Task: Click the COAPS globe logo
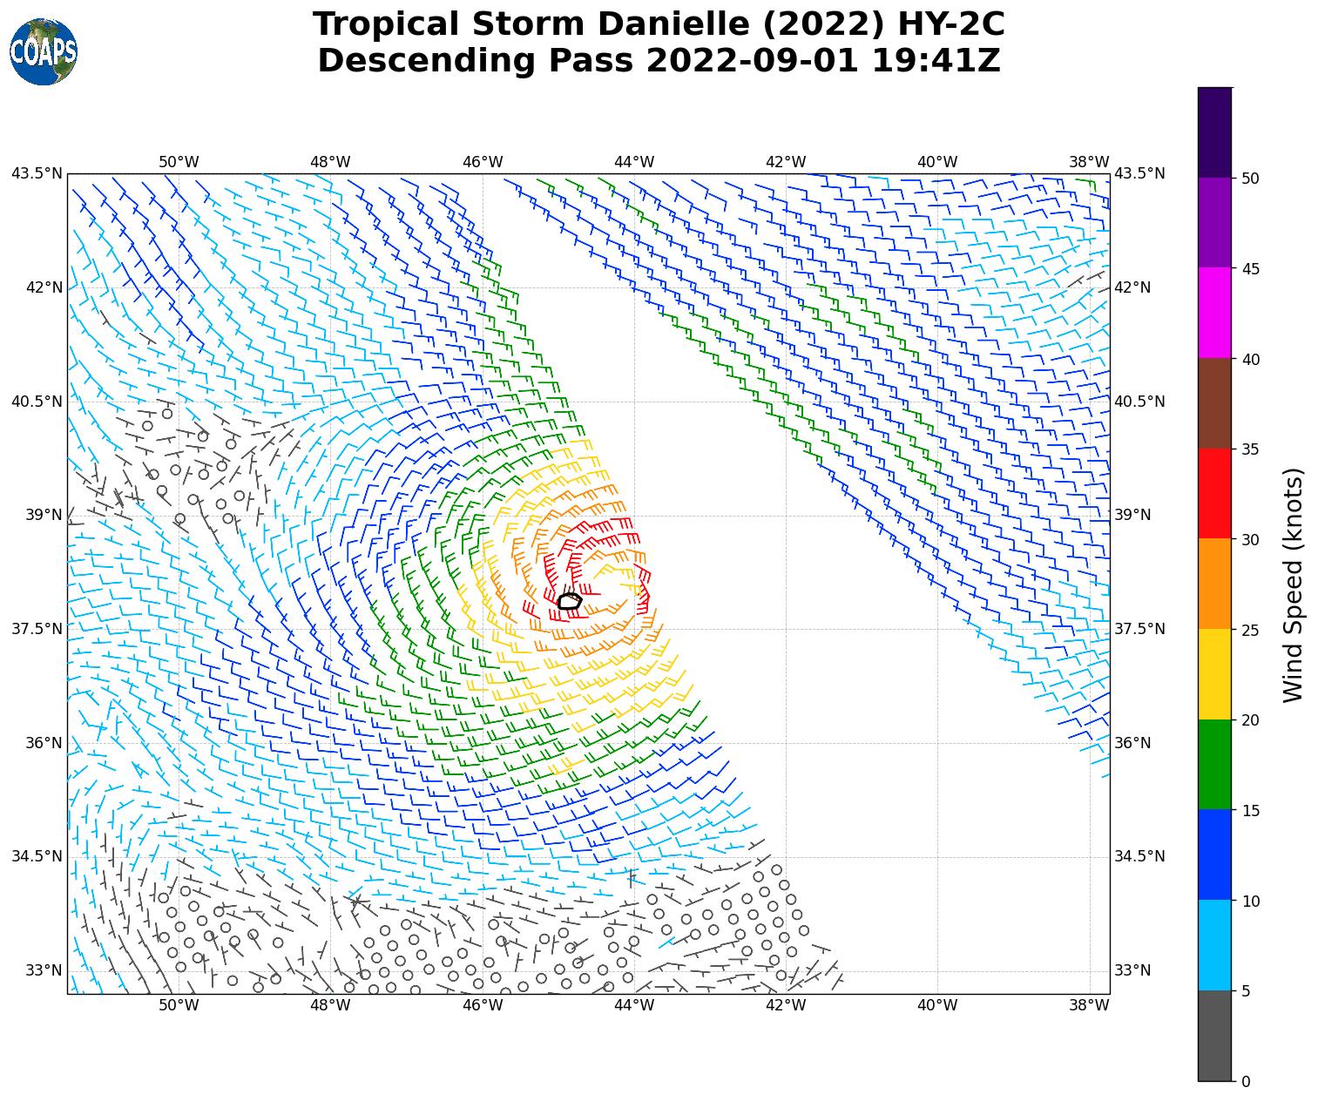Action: [x=43, y=51]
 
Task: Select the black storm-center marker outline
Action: [x=569, y=601]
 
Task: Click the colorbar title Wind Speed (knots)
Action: [x=1294, y=584]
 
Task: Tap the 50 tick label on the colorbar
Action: [x=1250, y=179]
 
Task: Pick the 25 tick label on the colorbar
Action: [x=1250, y=630]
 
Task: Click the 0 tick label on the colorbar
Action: [x=1246, y=1081]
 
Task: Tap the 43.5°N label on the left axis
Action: [x=37, y=173]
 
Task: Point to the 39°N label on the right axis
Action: [x=1132, y=515]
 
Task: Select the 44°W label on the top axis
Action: [x=634, y=162]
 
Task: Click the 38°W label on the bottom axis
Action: [x=1089, y=1005]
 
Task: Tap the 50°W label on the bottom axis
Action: [x=179, y=1005]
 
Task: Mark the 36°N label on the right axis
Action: [x=1132, y=743]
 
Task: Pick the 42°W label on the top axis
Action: [x=786, y=162]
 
